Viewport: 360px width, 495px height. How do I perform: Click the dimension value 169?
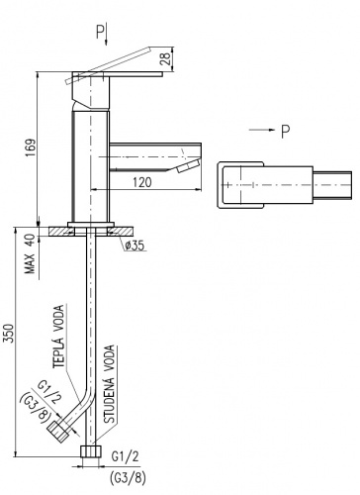[31, 148]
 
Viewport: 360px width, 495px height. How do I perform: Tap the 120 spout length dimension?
[142, 182]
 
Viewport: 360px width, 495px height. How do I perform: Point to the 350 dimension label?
[10, 334]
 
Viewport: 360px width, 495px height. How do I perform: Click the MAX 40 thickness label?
[30, 254]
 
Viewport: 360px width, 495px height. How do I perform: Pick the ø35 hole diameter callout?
[135, 246]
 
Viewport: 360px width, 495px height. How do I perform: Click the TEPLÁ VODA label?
[58, 337]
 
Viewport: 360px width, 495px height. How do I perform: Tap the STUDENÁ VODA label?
[110, 384]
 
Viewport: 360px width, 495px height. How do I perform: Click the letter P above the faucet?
[100, 32]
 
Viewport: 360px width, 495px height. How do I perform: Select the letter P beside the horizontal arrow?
[286, 132]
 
